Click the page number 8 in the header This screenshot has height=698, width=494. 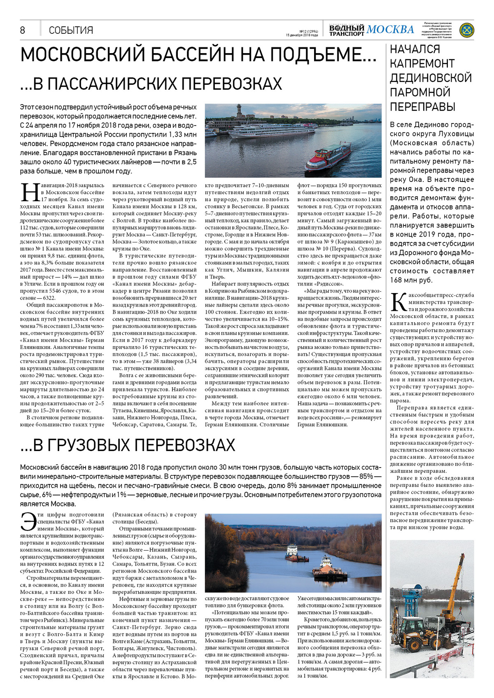click(x=23, y=30)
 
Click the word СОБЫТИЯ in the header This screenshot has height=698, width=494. click(x=71, y=30)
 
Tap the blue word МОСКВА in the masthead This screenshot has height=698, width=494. click(x=390, y=30)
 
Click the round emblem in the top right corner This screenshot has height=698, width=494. click(x=466, y=30)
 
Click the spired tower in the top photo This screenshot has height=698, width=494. click(x=238, y=112)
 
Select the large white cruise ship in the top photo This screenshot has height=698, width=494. click(x=272, y=131)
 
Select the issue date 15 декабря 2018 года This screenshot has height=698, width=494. click(x=302, y=35)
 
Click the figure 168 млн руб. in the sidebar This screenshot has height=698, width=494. click(x=411, y=280)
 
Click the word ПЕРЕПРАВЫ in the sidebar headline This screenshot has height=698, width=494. click(x=422, y=107)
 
